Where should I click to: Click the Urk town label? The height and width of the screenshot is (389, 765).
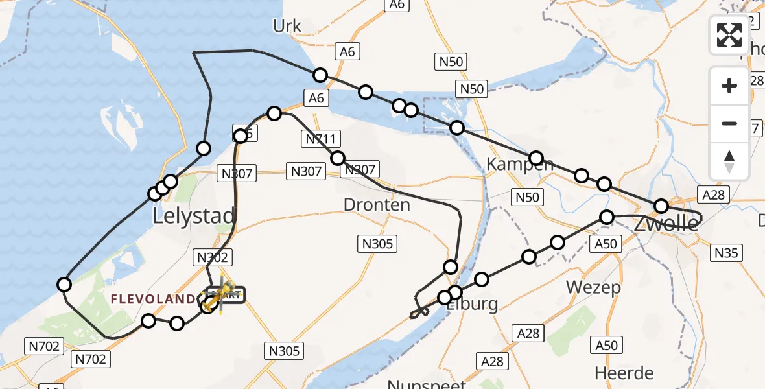288,26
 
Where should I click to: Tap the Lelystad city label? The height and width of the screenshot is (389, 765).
193,216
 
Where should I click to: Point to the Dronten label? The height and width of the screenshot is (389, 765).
377,206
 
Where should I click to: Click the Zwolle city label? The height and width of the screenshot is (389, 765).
666,224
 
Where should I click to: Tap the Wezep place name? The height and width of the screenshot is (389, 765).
593,287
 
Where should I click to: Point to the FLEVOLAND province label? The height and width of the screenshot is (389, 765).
153,299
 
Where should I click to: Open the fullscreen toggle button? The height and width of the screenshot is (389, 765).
729,35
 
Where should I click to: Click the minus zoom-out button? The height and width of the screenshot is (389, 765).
729,123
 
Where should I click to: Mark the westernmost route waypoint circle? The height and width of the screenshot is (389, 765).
64,284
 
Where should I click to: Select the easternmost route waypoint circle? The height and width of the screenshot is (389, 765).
661,206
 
